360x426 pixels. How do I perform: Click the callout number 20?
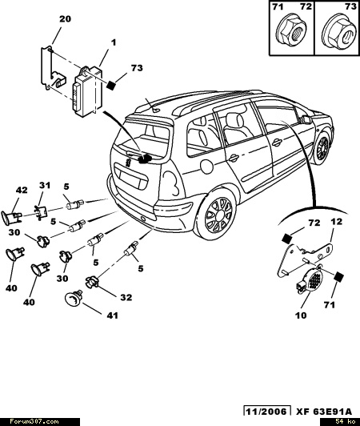pos(65,19)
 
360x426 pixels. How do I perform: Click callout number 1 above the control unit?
pos(114,42)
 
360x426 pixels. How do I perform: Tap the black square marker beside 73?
pos(110,85)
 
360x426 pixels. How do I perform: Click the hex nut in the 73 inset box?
pos(339,34)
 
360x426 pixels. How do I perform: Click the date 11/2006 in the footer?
pos(266,412)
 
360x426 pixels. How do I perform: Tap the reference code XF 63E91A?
pos(324,412)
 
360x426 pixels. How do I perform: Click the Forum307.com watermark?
pos(34,422)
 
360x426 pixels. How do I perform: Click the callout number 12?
pos(336,222)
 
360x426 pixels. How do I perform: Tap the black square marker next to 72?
pos(286,239)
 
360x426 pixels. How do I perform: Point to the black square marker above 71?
pos(339,277)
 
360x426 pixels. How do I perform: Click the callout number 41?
pos(112,315)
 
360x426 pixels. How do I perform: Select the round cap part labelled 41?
pos(73,298)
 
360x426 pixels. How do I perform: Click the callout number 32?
pos(126,298)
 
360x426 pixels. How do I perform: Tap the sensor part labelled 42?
pos(11,217)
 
